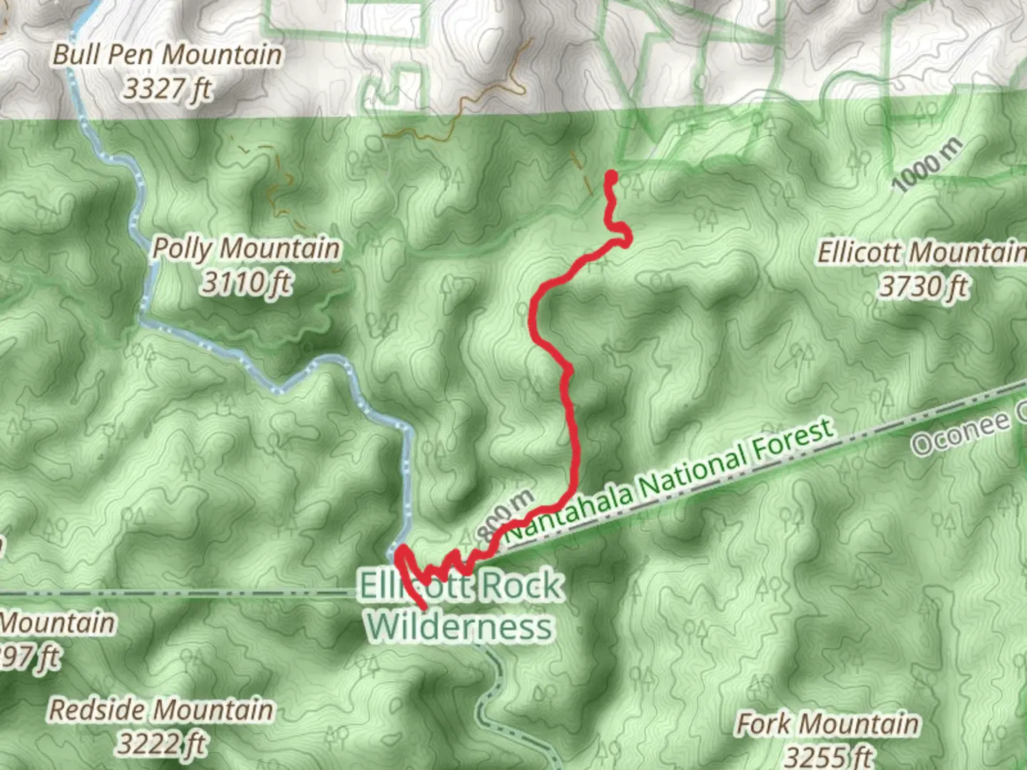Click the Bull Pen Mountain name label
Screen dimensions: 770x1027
point(167,55)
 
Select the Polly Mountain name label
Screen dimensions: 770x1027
point(246,249)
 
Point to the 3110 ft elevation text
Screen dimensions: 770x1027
point(246,283)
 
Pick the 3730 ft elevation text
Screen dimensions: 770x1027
point(924,287)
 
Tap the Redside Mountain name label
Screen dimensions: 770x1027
point(161,710)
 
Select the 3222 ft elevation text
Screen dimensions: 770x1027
point(161,744)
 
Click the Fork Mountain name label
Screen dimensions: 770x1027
point(827,724)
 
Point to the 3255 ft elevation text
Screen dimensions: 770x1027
point(829,756)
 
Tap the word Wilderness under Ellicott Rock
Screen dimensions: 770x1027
point(461,627)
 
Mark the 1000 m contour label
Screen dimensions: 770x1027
point(926,165)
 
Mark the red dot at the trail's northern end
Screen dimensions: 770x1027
point(611,175)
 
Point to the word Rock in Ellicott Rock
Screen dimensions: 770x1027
point(522,586)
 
